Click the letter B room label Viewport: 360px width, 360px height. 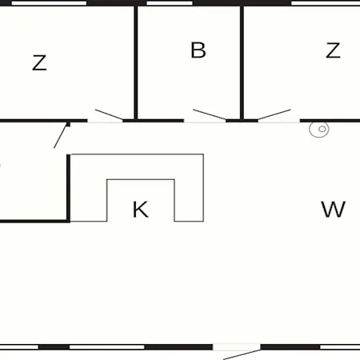[198, 50]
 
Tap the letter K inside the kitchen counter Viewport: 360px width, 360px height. [140, 210]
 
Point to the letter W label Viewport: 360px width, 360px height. [334, 210]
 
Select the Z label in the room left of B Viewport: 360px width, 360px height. [39, 62]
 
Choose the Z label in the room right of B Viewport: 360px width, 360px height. [333, 50]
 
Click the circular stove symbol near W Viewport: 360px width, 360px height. [319, 130]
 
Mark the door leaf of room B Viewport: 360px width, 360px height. [210, 114]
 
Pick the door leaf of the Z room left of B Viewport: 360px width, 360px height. [109, 114]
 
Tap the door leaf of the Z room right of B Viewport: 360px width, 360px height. [274, 114]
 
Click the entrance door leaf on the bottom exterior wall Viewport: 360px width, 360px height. [242, 354]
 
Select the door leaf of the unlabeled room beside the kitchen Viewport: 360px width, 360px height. [60, 135]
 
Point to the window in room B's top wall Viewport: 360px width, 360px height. [170, 3]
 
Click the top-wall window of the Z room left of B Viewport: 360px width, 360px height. [49, 3]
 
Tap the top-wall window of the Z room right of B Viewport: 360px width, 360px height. [326, 3]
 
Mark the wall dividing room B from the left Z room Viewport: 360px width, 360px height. [136, 63]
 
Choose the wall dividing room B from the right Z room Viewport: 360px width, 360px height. [242, 63]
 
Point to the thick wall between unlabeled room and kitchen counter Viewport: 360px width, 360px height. [68, 188]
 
